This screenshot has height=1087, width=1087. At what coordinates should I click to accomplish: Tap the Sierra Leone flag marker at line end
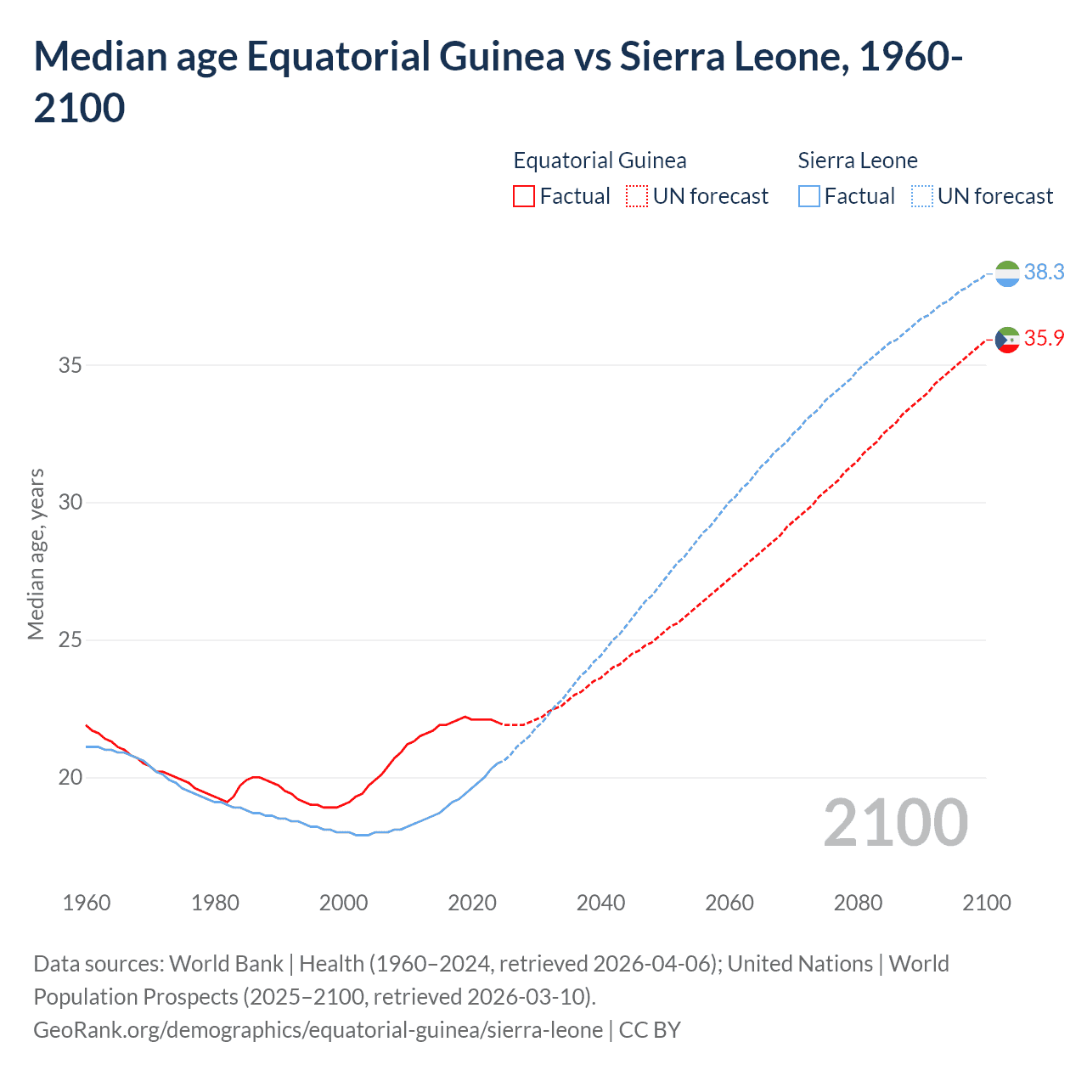coord(1006,273)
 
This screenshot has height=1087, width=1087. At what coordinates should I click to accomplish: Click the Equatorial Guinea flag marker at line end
coord(1006,339)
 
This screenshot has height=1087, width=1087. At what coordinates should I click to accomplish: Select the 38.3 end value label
coord(1044,272)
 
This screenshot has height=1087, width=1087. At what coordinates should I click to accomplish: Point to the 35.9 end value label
coord(1044,338)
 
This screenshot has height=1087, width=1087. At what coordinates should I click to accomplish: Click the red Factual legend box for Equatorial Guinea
coord(524,196)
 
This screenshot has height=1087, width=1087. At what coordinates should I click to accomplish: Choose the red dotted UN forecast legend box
coord(637,196)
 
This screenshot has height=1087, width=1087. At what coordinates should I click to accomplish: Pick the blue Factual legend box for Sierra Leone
coord(809,196)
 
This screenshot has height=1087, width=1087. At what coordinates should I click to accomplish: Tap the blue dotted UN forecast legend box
coord(922,196)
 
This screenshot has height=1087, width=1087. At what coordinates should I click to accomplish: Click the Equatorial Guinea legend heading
coord(600,161)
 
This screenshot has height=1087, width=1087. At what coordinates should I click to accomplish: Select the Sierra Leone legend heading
coord(858,161)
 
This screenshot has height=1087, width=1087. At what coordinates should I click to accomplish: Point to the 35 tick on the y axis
coord(70,365)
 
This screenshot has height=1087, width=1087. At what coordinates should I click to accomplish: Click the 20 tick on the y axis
coord(70,777)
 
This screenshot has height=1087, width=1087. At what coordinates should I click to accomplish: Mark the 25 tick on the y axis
coord(70,639)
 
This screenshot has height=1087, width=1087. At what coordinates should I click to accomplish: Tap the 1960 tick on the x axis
coord(87,902)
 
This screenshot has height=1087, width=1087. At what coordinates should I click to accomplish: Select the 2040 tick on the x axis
coord(600,902)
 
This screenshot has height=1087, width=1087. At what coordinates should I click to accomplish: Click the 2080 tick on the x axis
coord(858,902)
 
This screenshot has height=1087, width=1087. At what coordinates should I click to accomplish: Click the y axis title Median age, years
coord(36,554)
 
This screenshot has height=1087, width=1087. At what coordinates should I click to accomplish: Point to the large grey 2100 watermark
coord(895,823)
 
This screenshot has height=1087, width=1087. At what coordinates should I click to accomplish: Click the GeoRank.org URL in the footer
coord(318,1029)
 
